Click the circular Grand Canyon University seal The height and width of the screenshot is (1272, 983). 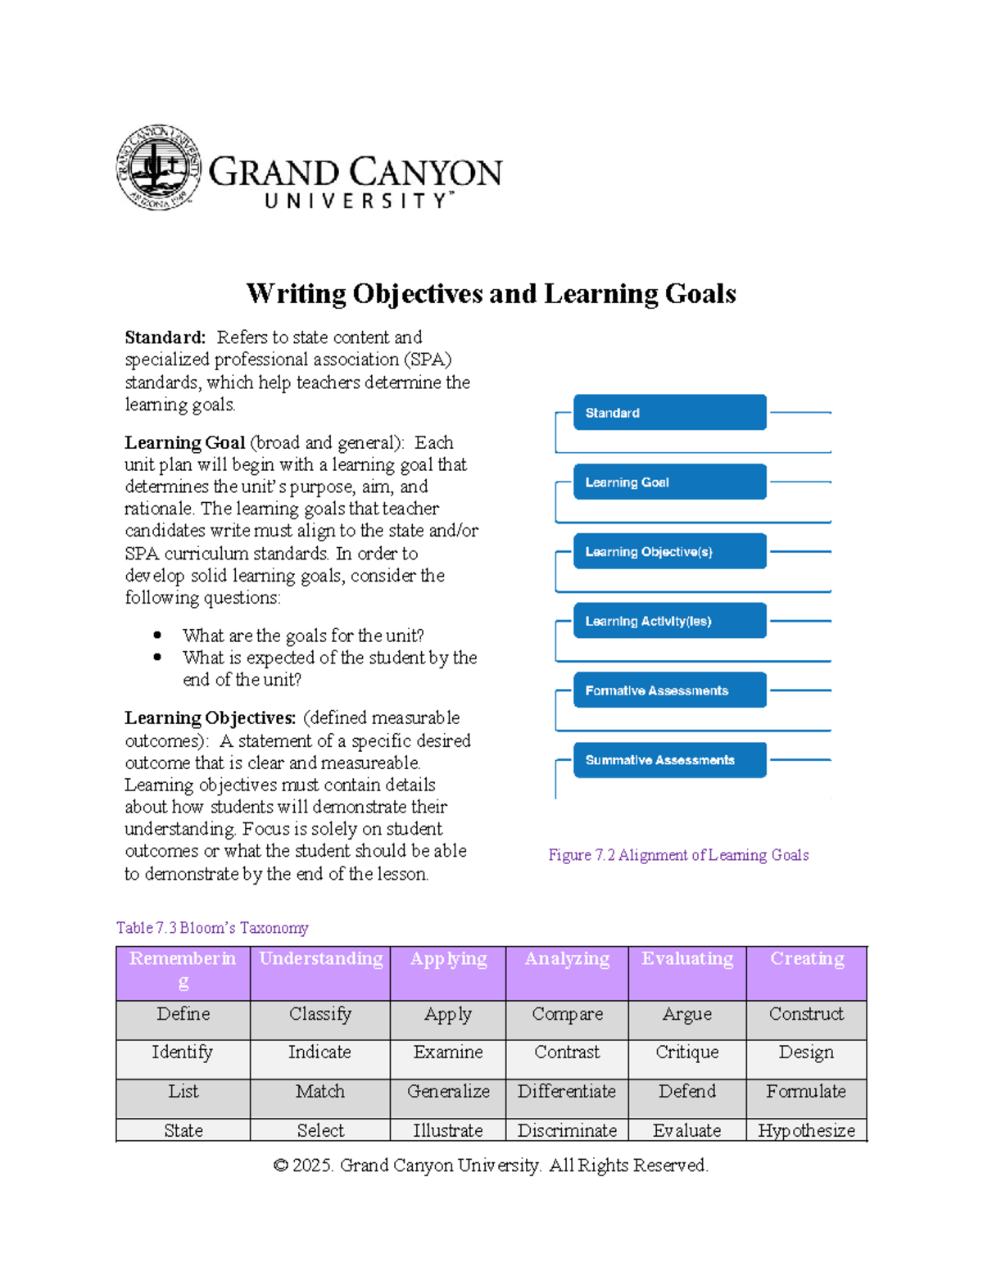158,167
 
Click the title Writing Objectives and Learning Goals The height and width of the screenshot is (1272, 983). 491,293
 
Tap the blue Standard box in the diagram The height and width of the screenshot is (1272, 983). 669,413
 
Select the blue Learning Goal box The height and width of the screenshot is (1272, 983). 669,482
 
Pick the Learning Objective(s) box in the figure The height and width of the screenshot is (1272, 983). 669,552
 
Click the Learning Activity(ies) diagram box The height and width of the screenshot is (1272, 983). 669,621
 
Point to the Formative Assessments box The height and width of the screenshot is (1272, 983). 669,690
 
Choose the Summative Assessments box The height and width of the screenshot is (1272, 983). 669,760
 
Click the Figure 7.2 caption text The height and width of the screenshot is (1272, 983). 678,855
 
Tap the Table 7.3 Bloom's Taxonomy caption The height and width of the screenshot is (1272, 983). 212,928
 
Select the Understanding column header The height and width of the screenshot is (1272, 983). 320,959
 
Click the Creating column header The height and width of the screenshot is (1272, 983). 806,959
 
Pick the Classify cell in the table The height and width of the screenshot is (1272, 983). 320,1014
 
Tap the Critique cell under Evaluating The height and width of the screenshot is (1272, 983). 686,1052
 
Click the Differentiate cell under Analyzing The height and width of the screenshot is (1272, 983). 566,1092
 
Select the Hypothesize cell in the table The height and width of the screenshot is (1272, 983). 806,1130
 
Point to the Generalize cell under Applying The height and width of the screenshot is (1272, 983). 448,1092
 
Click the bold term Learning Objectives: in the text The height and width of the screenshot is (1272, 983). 210,718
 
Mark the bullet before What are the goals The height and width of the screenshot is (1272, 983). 157,636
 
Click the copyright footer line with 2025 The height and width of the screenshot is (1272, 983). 491,1166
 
